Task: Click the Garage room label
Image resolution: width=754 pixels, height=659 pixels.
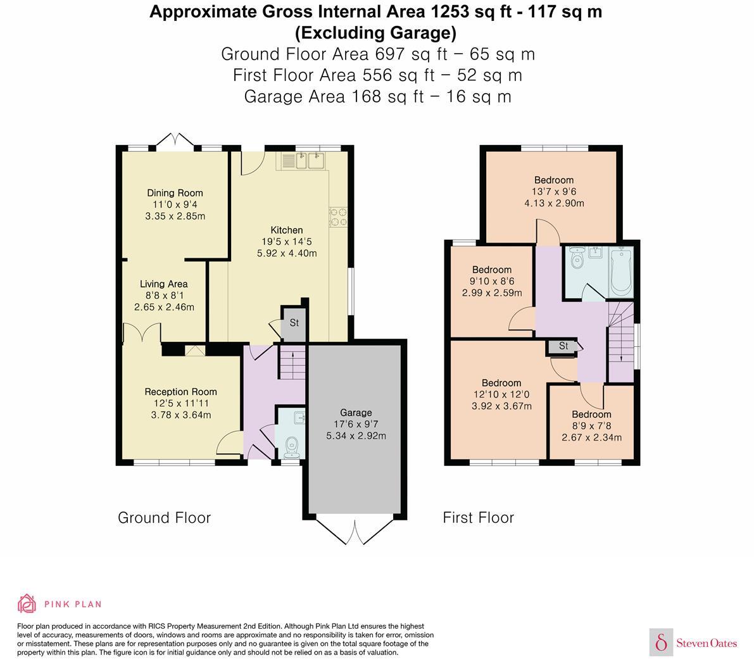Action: (355, 412)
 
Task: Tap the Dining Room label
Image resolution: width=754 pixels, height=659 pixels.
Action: (175, 193)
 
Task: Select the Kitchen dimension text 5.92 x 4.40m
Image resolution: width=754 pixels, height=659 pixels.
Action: (286, 253)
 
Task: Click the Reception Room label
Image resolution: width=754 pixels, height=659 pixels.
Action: (180, 392)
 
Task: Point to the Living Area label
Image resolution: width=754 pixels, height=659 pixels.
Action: (163, 284)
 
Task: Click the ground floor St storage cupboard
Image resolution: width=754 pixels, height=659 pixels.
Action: (293, 322)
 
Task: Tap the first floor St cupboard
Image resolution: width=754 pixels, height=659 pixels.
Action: (563, 346)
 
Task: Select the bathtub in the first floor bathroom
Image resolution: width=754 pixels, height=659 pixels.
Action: (621, 272)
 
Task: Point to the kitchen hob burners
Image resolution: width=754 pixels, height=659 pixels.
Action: (337, 217)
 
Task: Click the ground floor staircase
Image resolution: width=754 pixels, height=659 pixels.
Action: (292, 363)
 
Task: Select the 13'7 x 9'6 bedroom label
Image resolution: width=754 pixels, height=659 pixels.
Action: (553, 180)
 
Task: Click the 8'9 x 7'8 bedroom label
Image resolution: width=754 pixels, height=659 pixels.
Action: (591, 415)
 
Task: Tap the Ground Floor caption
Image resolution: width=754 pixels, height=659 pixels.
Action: (164, 518)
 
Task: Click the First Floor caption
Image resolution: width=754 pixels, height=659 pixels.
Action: (478, 518)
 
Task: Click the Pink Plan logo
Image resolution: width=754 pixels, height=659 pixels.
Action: (60, 604)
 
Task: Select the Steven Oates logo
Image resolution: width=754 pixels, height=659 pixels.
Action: (694, 643)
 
